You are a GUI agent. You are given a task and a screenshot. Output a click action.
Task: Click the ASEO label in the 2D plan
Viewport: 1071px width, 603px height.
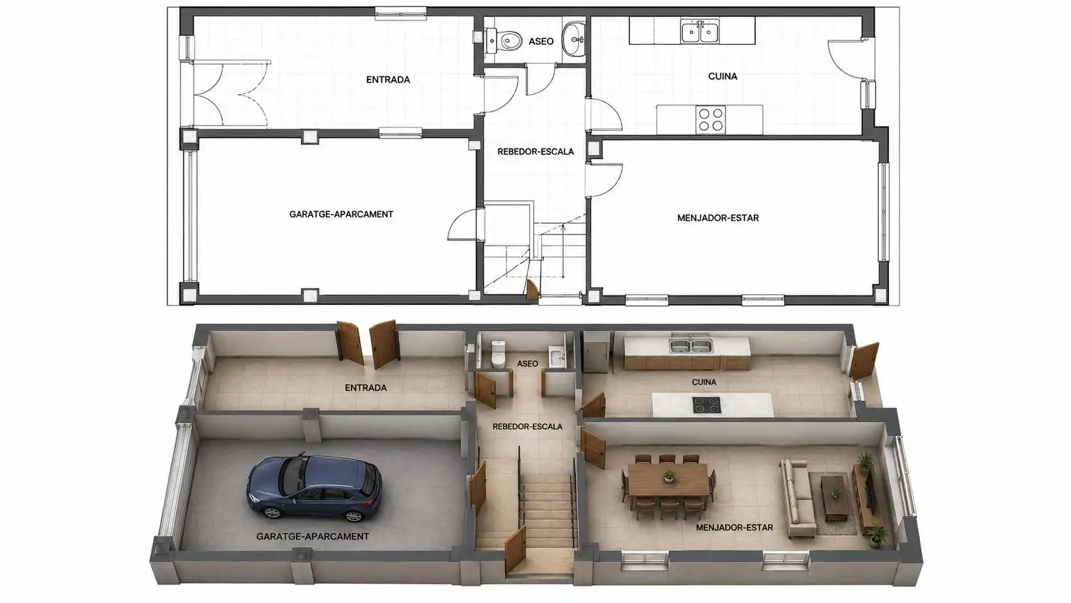(541, 42)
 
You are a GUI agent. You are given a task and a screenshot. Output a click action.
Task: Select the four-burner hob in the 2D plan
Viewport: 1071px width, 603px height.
(710, 120)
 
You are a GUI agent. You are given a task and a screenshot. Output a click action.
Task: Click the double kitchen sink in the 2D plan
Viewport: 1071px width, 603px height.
(700, 32)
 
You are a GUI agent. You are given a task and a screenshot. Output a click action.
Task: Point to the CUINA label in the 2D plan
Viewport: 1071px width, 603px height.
(723, 76)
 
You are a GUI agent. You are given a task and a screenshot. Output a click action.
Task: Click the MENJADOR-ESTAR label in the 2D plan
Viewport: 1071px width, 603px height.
(717, 218)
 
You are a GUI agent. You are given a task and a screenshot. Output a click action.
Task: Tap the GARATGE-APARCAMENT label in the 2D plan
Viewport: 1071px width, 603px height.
(341, 214)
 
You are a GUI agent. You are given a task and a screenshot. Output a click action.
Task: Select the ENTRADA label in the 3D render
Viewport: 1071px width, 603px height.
(366, 388)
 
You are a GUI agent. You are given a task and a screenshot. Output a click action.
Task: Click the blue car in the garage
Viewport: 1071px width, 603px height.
(314, 487)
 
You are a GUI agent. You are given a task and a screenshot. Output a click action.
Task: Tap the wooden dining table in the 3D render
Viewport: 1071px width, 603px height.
(669, 479)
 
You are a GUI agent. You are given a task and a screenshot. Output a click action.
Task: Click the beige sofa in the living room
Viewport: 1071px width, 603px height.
(797, 499)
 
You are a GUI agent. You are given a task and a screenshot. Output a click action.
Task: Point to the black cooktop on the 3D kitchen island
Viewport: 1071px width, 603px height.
(707, 405)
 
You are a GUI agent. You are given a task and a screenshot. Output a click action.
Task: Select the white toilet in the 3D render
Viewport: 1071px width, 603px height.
(498, 354)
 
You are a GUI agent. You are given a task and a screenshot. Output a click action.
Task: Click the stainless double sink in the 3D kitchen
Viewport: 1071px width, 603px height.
(691, 345)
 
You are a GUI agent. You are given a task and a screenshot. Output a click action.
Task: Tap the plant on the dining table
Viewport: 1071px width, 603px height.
(669, 476)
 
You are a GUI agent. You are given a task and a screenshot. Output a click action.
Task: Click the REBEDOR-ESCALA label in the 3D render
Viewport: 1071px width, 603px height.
(527, 427)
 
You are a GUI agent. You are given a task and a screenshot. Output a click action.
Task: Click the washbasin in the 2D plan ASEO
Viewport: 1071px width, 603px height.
(573, 40)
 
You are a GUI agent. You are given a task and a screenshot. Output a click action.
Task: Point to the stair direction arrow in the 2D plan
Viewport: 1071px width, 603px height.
(563, 251)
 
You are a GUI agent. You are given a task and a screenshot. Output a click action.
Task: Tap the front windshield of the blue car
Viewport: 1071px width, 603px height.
(292, 475)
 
